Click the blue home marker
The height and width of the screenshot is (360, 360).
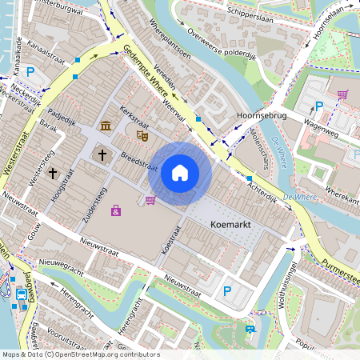click(x=180, y=172)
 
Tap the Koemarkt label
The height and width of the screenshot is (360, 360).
click(x=231, y=226)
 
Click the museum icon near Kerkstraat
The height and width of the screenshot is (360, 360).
click(x=106, y=126)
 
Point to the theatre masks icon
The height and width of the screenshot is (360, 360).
click(x=144, y=136)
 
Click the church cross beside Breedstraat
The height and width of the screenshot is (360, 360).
click(x=102, y=154)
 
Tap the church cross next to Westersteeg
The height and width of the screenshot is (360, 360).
click(x=53, y=172)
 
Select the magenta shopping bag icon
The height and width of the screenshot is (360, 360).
click(x=117, y=210)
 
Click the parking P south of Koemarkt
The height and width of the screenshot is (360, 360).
click(x=226, y=293)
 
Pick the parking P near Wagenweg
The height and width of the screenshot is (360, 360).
click(x=319, y=106)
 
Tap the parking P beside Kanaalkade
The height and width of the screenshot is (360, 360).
click(x=30, y=72)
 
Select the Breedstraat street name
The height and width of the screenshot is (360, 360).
click(x=138, y=162)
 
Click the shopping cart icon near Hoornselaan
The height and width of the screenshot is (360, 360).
click(x=342, y=94)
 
